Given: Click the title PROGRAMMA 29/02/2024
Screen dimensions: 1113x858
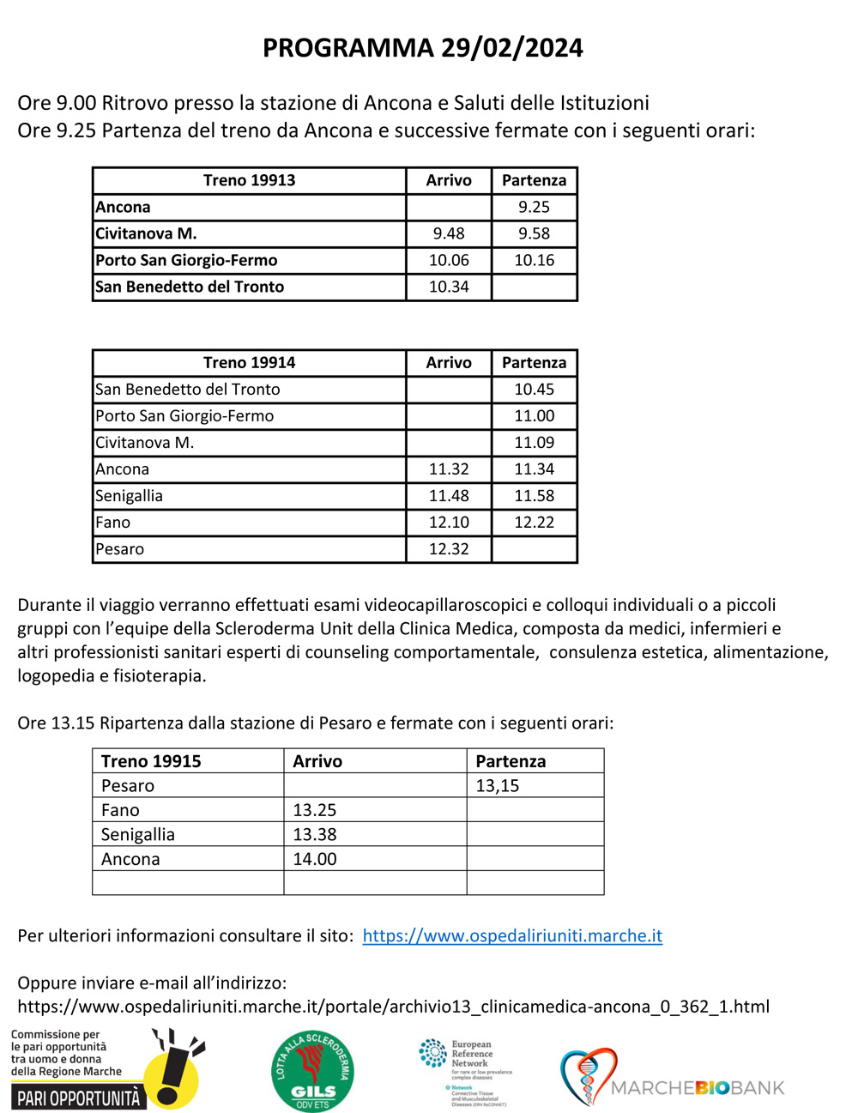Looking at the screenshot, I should pyautogui.click(x=422, y=48).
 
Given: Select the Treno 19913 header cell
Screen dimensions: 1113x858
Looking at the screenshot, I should pyautogui.click(x=249, y=180).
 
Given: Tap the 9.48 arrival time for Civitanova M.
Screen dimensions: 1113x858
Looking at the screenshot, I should pyautogui.click(x=449, y=233).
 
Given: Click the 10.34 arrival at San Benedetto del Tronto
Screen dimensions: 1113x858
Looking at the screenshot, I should pyautogui.click(x=449, y=287).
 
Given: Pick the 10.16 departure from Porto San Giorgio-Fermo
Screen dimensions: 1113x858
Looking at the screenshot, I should pyautogui.click(x=534, y=260).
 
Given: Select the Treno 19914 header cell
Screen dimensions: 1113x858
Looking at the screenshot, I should pyautogui.click(x=249, y=363).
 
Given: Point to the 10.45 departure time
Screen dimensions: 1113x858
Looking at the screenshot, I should pyautogui.click(x=534, y=390).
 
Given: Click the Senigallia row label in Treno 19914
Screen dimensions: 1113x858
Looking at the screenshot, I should pyautogui.click(x=129, y=496).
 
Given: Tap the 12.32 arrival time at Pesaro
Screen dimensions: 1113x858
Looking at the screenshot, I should pyautogui.click(x=449, y=549).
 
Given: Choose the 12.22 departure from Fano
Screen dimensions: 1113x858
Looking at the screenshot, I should pyautogui.click(x=534, y=523).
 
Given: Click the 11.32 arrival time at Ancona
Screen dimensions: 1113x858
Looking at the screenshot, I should pyautogui.click(x=449, y=469).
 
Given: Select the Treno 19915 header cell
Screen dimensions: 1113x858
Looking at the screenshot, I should pyautogui.click(x=151, y=761).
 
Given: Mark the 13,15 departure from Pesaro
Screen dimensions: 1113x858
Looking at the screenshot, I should pyautogui.click(x=498, y=786).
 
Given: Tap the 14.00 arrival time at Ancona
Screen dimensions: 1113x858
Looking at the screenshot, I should pyautogui.click(x=315, y=859).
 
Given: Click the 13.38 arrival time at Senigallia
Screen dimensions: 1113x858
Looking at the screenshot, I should pyautogui.click(x=315, y=835).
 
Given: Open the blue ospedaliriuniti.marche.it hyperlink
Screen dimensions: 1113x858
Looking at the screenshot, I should pyautogui.click(x=512, y=936).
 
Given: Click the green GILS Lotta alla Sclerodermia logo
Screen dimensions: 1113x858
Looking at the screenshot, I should pyautogui.click(x=312, y=1070).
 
